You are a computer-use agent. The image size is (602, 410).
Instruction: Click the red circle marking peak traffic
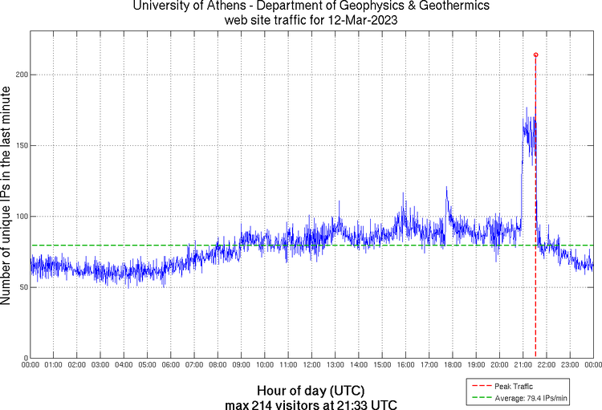coord(535,55)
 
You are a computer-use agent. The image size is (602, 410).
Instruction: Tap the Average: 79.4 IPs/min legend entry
coord(530,397)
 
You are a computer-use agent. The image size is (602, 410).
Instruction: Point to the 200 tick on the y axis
coord(22,75)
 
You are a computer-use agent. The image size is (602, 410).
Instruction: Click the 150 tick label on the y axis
coord(22,145)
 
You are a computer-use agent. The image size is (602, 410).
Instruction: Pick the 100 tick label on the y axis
coord(22,216)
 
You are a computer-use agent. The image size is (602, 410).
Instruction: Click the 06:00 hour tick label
coord(171,365)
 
